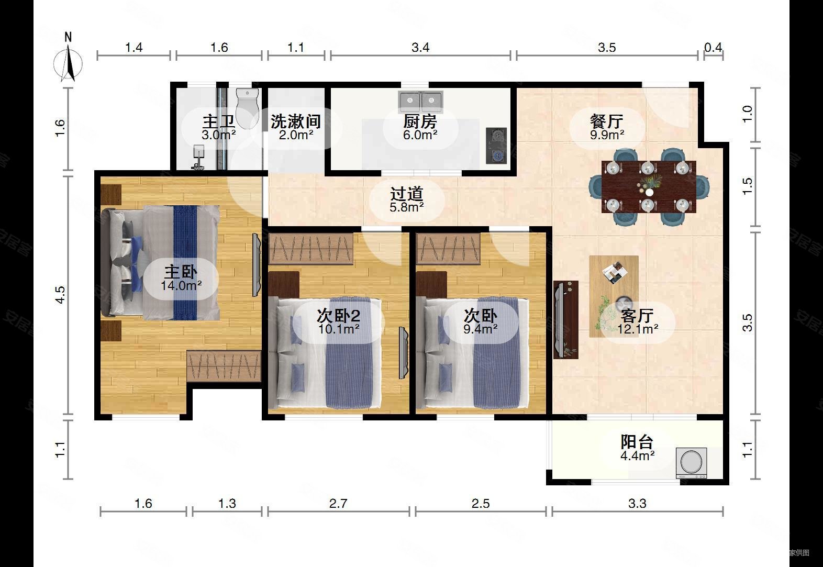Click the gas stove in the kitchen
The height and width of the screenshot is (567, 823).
(x=496, y=146)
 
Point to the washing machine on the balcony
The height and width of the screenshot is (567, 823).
(x=693, y=462)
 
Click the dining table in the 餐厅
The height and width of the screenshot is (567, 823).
(x=649, y=186)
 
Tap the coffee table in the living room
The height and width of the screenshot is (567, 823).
(x=614, y=296)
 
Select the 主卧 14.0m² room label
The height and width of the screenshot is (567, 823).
(x=181, y=278)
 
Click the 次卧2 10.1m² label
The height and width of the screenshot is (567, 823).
(x=338, y=321)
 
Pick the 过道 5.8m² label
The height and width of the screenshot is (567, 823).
(x=407, y=199)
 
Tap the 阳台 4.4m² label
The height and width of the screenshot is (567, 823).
(x=637, y=448)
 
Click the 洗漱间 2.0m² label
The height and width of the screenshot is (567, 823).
(x=295, y=127)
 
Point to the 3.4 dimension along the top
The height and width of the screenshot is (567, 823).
(x=420, y=48)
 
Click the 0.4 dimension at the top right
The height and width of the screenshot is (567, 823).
(x=713, y=48)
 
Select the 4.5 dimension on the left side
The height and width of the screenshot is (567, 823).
(x=61, y=295)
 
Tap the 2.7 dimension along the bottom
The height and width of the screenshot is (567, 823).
(x=338, y=504)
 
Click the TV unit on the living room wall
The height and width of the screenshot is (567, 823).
(x=565, y=320)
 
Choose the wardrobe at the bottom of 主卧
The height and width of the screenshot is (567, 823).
(x=224, y=366)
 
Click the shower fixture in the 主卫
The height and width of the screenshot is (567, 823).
(x=198, y=158)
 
